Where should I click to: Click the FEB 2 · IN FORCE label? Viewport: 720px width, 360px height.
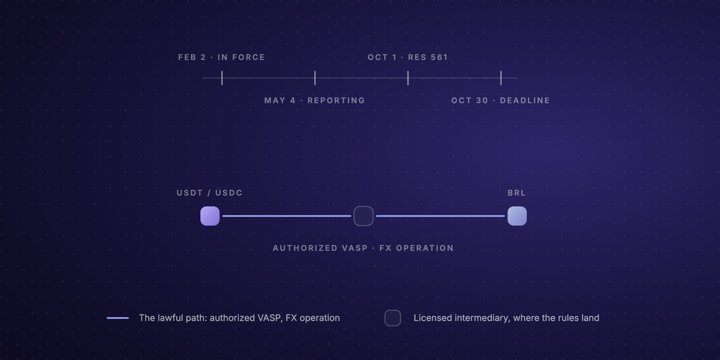coord(221,57)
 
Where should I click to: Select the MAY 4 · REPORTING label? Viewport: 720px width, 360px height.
coord(314,100)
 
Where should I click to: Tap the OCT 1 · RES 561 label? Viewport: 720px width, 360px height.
coord(407,57)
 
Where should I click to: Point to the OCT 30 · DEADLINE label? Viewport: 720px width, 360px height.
coord(500,100)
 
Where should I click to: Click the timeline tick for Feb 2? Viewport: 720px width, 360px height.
coord(222,78)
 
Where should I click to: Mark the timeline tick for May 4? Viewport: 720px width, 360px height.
coord(315,78)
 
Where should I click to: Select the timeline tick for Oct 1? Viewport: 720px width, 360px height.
coord(408,78)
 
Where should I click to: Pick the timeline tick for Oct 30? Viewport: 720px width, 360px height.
coord(501,78)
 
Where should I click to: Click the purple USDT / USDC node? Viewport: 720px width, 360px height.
coord(210,216)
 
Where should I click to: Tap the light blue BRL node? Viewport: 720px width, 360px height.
coord(517,216)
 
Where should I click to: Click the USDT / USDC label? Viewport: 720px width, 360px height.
coord(209,193)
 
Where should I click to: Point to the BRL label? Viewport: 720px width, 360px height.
coord(517,193)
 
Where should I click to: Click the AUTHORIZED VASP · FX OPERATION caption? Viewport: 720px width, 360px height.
coord(363,248)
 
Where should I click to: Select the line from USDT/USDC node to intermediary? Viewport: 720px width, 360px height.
coord(287,216)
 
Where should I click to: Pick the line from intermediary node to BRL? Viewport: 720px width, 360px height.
coord(440,216)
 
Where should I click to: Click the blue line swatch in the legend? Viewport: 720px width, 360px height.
coord(118,318)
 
